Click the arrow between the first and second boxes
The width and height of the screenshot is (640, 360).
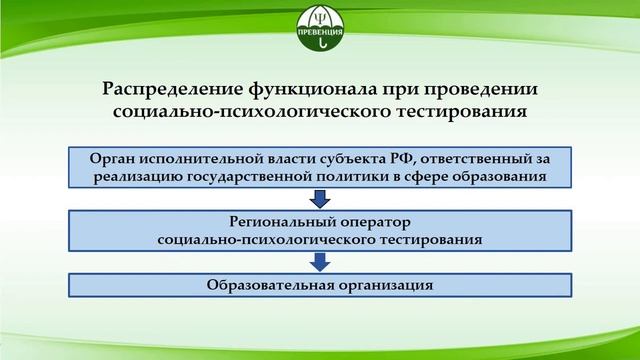pyautogui.click(x=320, y=198)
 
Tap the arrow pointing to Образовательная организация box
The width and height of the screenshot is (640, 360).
pyautogui.click(x=320, y=261)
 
